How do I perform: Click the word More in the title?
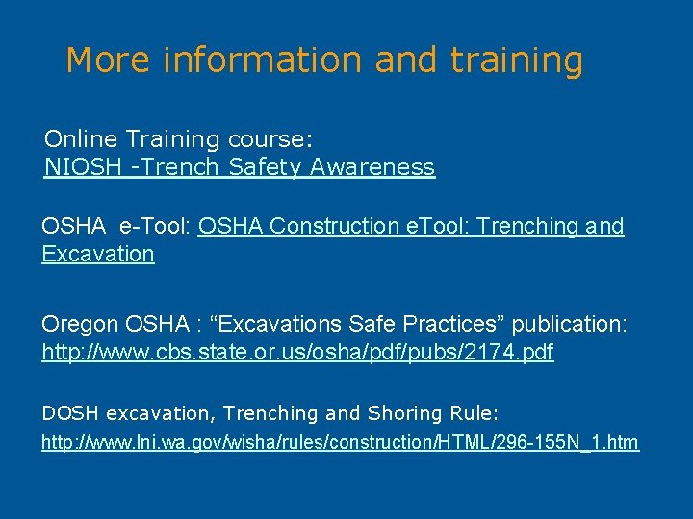108,61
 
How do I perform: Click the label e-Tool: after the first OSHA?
155,226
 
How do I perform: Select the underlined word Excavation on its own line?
98,254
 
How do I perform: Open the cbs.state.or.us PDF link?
297,353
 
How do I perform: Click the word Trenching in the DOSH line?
270,413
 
